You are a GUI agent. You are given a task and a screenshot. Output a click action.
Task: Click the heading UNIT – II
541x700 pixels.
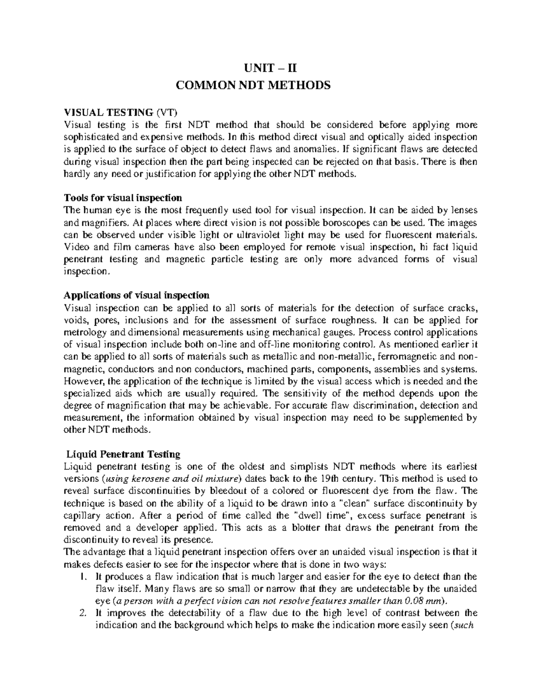(x=270, y=69)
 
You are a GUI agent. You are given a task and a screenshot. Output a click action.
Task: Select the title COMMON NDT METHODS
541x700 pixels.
(x=270, y=85)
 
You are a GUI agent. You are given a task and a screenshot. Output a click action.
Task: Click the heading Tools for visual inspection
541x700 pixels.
(x=123, y=198)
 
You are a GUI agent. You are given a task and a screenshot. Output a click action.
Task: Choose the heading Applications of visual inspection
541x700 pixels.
(x=136, y=296)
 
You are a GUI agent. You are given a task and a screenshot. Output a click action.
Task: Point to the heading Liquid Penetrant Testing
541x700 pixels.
(x=123, y=454)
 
